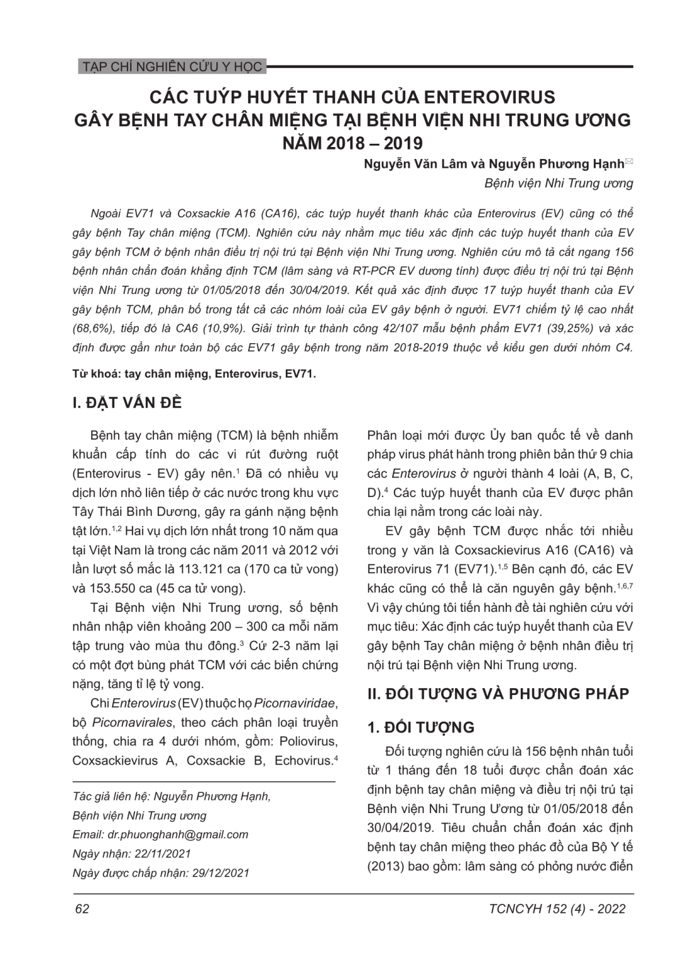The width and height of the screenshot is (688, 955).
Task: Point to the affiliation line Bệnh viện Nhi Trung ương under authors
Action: point(558,184)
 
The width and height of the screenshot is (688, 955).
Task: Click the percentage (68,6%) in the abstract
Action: point(94,329)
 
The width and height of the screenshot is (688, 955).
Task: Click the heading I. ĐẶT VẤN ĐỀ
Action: point(127,402)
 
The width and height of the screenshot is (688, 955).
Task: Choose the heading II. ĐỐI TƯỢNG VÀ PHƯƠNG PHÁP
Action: point(498,694)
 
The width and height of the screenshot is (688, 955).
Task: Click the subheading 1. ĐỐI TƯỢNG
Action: point(421,727)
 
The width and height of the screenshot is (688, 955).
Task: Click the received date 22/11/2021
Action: point(163,853)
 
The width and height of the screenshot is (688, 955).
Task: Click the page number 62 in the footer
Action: point(81,908)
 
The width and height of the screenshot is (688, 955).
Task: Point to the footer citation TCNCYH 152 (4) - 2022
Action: point(557,908)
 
